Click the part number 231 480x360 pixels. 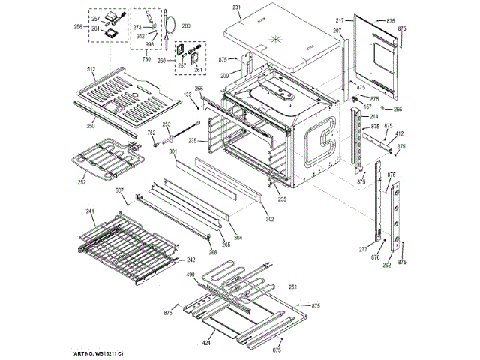coord(237,7)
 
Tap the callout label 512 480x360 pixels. coord(91,69)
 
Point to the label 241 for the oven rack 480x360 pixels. coord(90,211)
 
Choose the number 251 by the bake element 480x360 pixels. coord(292,287)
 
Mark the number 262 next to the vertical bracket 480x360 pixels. coord(387,264)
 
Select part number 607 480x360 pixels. coord(119,190)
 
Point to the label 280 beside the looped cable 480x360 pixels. coord(186,26)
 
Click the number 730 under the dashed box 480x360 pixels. coord(145,59)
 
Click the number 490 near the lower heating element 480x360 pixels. coord(190,275)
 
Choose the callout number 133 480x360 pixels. coord(188,94)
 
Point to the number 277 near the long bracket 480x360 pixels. coord(363,248)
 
